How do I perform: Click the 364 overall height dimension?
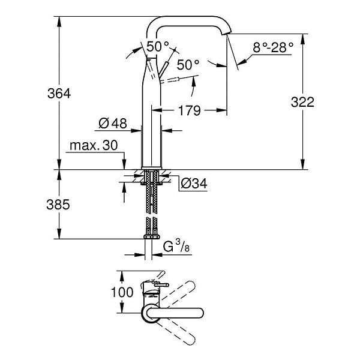pos(59,94)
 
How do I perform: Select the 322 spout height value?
pos(302,102)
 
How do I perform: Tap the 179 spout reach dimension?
pos(190,110)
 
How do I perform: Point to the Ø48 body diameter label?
pos(113,123)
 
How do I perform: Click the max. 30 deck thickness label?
pos(94,145)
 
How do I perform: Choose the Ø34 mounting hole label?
pos(194,183)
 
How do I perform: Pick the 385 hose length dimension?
pos(58,205)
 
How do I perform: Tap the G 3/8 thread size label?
pos(176,246)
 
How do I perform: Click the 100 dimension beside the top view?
pos(122,292)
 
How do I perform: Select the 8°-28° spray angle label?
pos(273,47)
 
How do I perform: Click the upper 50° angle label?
pos(157,46)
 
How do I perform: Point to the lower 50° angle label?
pos(188,65)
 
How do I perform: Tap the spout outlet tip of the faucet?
pos(226,34)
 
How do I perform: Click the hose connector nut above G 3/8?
pos(152,237)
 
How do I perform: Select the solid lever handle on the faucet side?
pos(163,69)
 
